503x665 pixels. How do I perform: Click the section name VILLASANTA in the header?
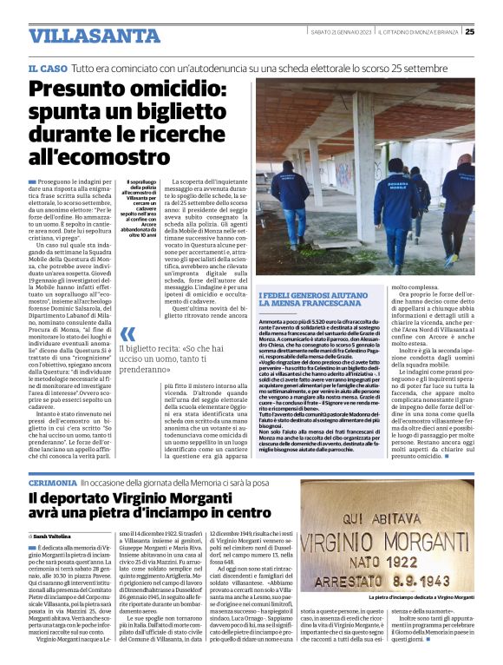94,36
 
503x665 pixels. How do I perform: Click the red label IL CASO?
48,68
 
